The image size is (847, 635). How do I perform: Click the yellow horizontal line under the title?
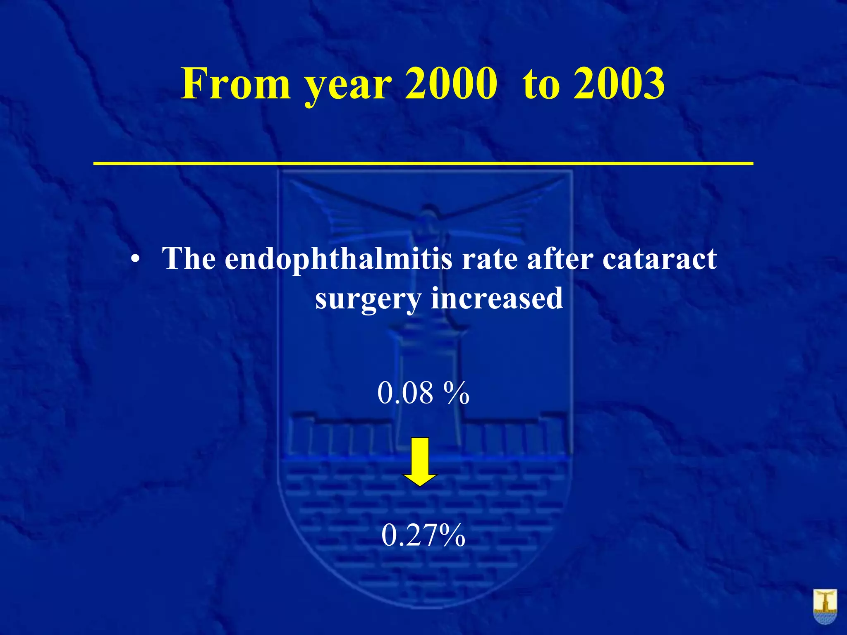click(x=423, y=164)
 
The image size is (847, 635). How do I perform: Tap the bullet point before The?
click(x=134, y=261)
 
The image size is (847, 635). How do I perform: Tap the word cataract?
click(x=660, y=260)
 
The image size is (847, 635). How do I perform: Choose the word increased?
click(x=497, y=298)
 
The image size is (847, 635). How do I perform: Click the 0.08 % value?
click(x=423, y=393)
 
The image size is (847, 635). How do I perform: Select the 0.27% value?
click(x=423, y=535)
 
